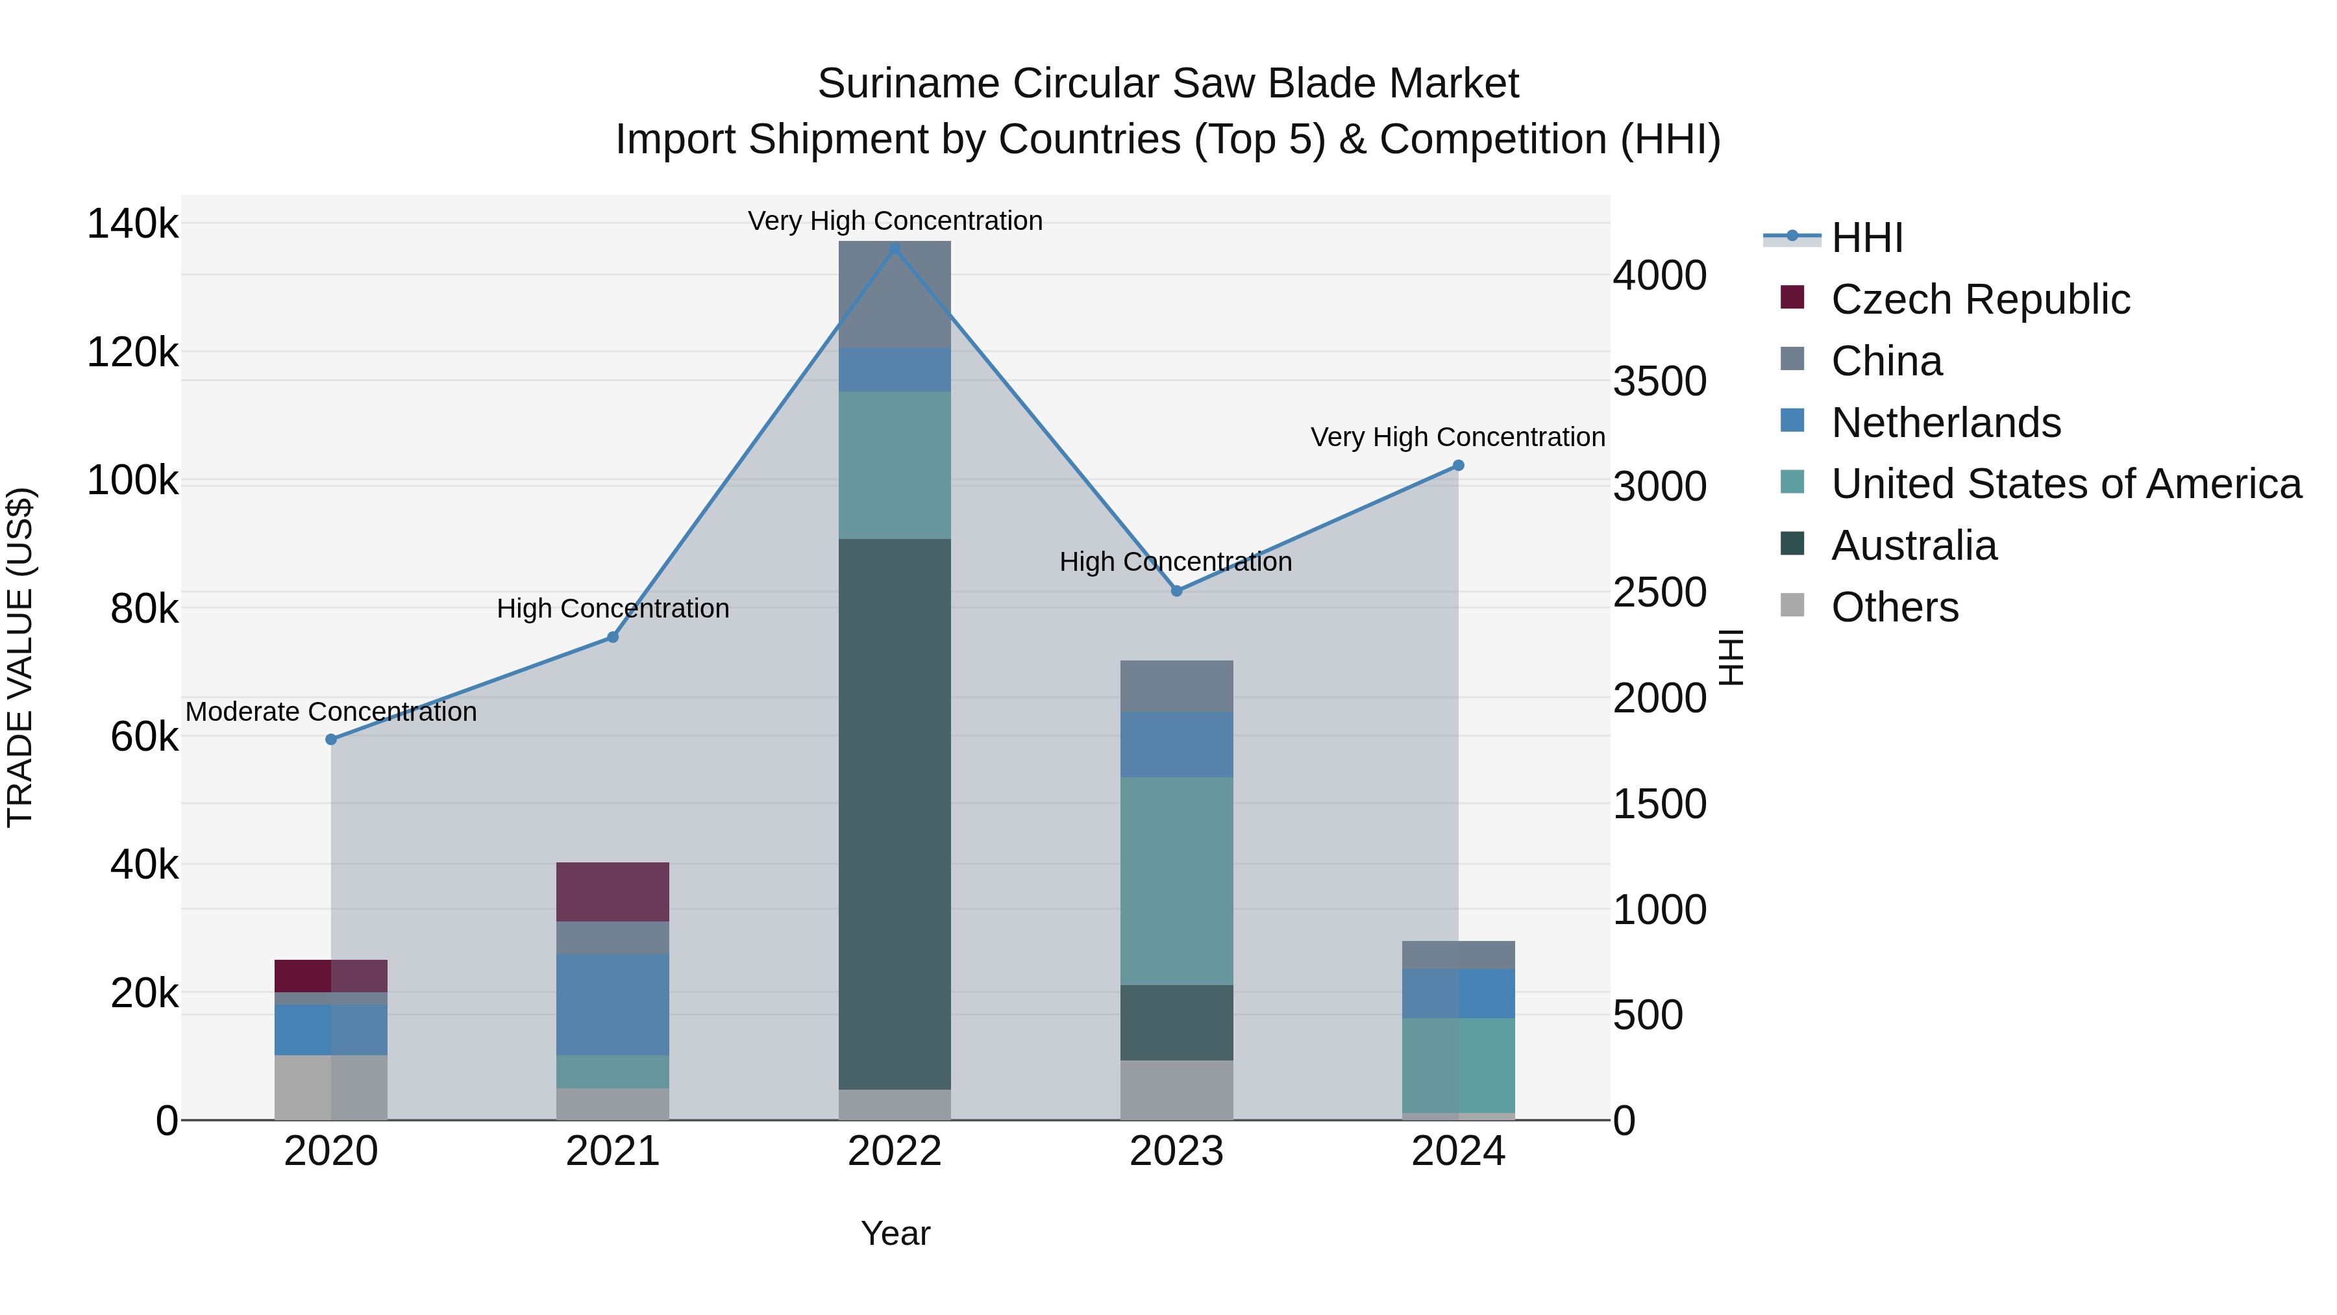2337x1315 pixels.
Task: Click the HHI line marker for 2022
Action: [895, 249]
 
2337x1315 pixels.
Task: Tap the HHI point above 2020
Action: [331, 740]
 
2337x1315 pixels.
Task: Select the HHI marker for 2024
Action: [1458, 466]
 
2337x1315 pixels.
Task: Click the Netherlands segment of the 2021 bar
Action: [612, 1004]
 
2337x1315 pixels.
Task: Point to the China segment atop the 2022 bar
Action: [895, 294]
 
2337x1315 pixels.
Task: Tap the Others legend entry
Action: [1894, 607]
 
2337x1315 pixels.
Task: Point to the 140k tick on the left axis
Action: [132, 224]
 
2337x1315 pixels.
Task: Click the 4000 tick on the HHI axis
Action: [1659, 276]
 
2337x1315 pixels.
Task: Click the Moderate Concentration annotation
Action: [331, 712]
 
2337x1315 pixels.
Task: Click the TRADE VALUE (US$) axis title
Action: [20, 657]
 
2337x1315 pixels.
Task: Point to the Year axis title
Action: [895, 1233]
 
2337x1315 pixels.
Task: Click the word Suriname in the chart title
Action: [908, 84]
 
